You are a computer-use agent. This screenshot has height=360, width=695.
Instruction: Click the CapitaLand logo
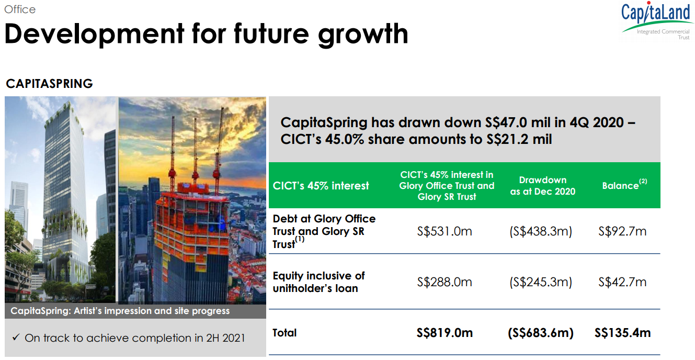pyautogui.click(x=656, y=21)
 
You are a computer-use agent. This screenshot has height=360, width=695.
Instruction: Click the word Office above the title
pyautogui.click(x=20, y=9)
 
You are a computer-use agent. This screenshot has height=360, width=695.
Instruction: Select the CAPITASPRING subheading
pyautogui.click(x=49, y=84)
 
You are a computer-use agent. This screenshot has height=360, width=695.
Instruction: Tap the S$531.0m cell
pyautogui.click(x=445, y=231)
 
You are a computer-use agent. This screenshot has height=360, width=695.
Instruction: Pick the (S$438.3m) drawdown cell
pyautogui.click(x=541, y=231)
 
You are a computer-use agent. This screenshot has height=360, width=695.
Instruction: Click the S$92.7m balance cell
pyautogui.click(x=622, y=231)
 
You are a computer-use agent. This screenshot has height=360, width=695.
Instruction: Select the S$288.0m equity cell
pyautogui.click(x=445, y=282)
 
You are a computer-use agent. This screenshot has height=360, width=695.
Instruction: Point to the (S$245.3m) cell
pyautogui.click(x=541, y=282)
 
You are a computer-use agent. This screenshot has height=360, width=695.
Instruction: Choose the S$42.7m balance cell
pyautogui.click(x=622, y=282)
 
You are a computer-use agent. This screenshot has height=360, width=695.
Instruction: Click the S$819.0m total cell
pyautogui.click(x=445, y=333)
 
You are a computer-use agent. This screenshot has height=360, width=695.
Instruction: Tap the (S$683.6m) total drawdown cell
pyautogui.click(x=541, y=333)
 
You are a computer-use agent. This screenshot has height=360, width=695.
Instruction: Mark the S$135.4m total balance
pyautogui.click(x=622, y=333)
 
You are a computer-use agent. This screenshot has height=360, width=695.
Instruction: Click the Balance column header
pyautogui.click(x=624, y=185)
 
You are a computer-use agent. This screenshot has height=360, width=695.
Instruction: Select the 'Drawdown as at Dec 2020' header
pyautogui.click(x=543, y=186)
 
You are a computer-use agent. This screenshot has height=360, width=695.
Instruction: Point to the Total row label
pyautogui.click(x=284, y=333)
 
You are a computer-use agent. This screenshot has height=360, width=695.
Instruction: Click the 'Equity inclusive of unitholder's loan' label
pyautogui.click(x=318, y=282)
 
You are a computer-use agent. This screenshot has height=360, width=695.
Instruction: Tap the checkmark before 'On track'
pyautogui.click(x=16, y=337)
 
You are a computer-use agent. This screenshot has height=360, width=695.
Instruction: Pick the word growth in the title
pyautogui.click(x=363, y=35)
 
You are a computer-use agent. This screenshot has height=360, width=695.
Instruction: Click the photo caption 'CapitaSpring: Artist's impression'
pyautogui.click(x=120, y=311)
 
